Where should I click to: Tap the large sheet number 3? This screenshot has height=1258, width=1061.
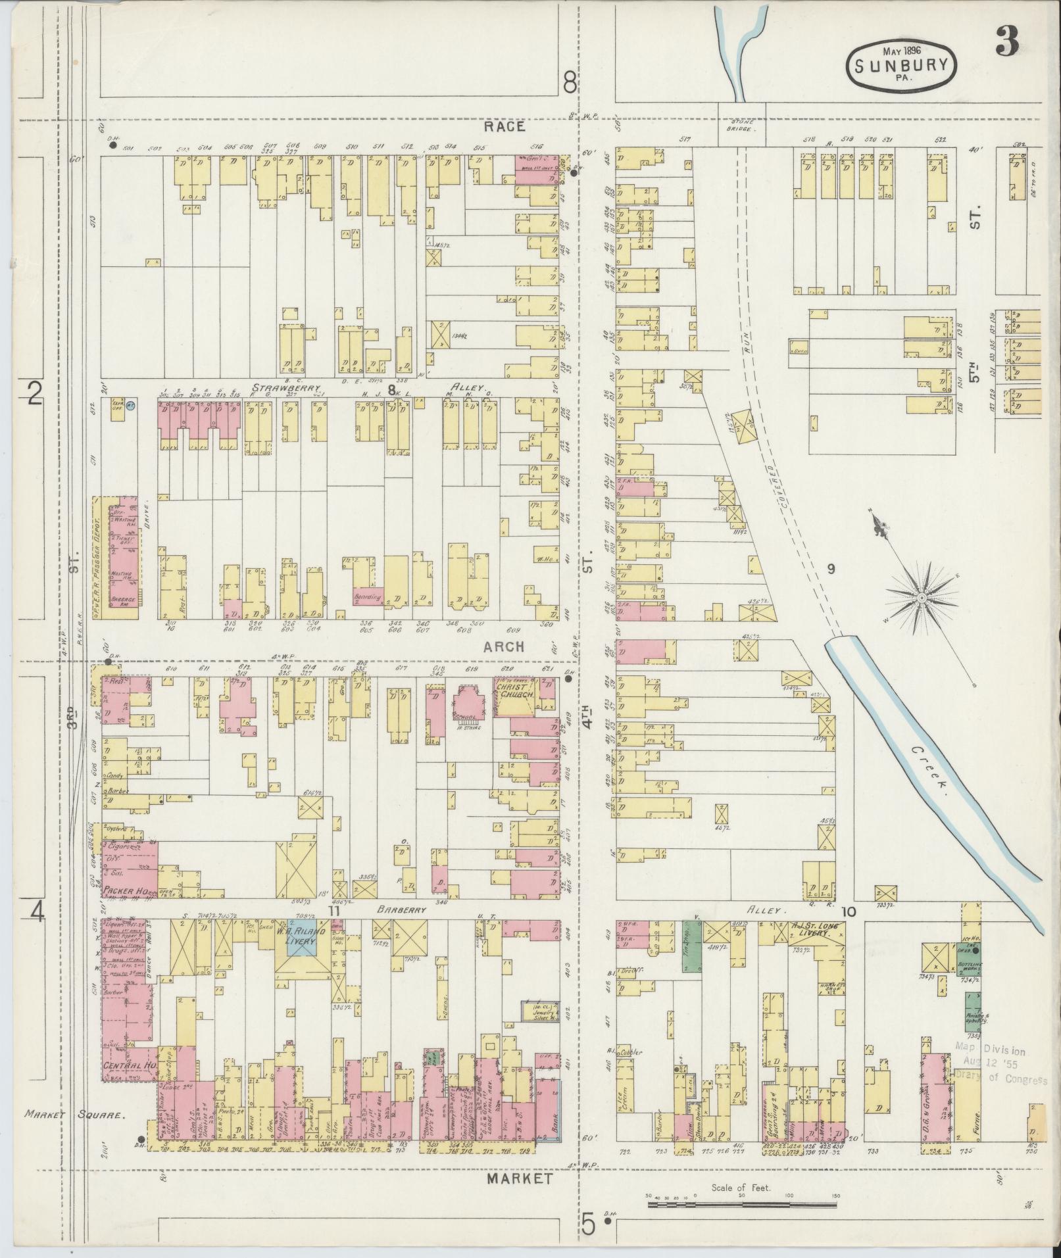click(1006, 40)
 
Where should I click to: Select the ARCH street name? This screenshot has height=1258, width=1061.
click(504, 646)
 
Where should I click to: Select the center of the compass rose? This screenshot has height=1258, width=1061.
click(922, 598)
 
